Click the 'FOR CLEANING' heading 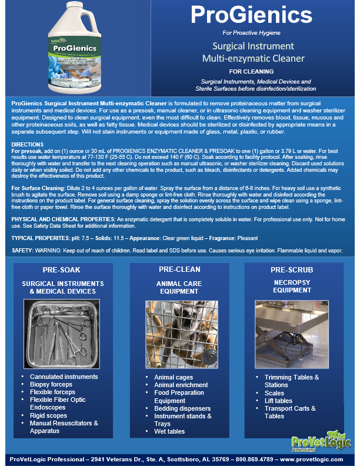pos(259,71)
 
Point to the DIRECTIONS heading pos(27,144)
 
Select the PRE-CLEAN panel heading pos(179,269)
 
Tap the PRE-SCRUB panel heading pos(292,270)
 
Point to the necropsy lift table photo pos(291,332)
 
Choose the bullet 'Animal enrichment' pos(181,385)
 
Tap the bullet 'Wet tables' pos(169,431)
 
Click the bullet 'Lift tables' pos(278,401)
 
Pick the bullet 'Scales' pos(274,393)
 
